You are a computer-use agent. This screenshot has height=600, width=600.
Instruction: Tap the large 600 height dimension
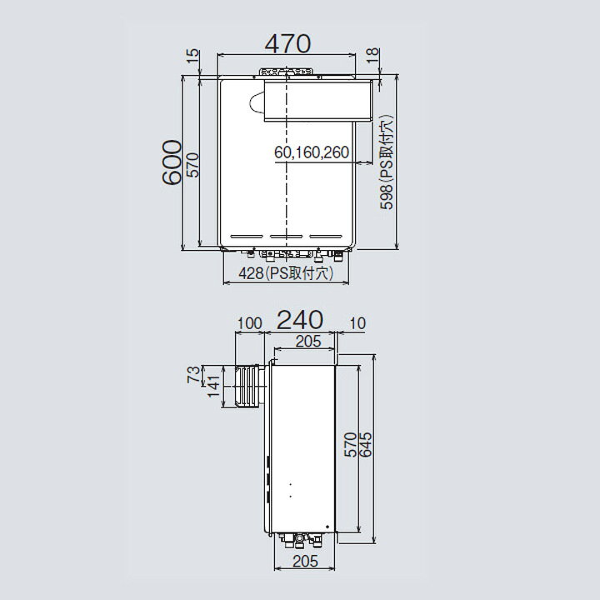[171, 162]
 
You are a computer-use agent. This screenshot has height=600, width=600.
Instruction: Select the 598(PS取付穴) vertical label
[386, 162]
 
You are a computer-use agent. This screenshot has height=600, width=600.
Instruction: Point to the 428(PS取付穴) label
[286, 273]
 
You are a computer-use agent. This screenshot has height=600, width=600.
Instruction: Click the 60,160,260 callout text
[312, 152]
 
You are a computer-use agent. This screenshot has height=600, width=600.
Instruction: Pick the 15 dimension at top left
[193, 57]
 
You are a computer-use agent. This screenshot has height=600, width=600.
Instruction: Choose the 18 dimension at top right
[372, 56]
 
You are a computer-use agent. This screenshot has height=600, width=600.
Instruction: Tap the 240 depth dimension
[300, 320]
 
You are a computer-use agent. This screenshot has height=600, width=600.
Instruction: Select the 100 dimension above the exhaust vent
[249, 323]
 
